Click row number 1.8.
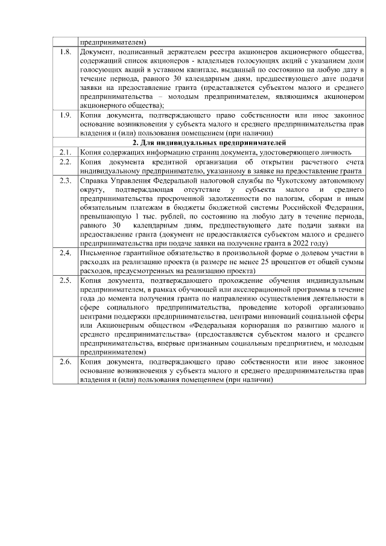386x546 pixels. [65, 53]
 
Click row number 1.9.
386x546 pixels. [65, 115]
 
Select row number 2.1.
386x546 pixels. [65, 152]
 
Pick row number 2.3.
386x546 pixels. [65, 180]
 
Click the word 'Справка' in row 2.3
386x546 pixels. [95, 180]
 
